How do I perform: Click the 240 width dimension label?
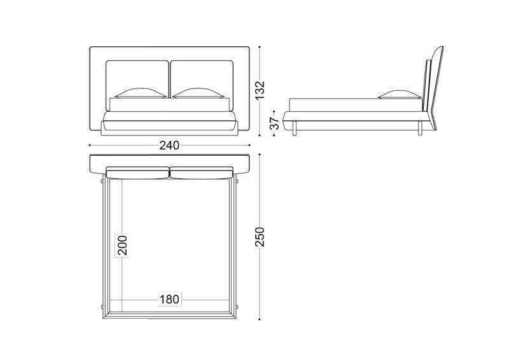tap(169, 146)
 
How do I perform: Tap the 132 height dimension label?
tap(260, 90)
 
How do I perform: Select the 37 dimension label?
tap(275, 123)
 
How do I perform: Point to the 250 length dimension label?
tap(260, 237)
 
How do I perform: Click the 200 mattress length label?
tap(122, 245)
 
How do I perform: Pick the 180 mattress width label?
tap(169, 299)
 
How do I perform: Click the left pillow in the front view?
tap(140, 93)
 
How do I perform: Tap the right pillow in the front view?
tap(198, 93)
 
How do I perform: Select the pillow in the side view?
tap(400, 95)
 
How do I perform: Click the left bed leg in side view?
tap(295, 128)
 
